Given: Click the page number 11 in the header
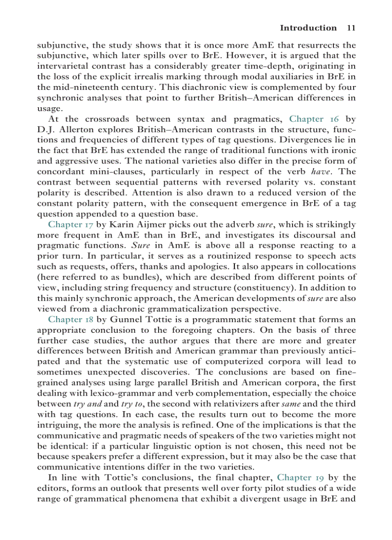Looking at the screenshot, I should (351, 28).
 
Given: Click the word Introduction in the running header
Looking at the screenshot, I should (308, 28).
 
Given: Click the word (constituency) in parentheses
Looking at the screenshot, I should (267, 288).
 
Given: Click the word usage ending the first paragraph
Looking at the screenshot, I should (47, 108).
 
